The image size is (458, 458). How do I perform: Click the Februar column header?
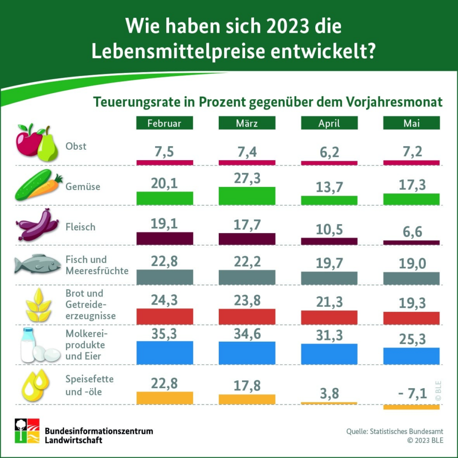(x=165, y=123)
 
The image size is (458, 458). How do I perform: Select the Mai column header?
(x=411, y=123)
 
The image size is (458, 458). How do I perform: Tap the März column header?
(x=247, y=123)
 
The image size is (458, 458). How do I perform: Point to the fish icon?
(x=38, y=264)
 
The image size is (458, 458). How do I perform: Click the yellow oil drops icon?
(x=36, y=385)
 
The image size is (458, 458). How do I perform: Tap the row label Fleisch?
(x=81, y=227)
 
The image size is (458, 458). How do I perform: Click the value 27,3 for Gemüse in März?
(x=247, y=178)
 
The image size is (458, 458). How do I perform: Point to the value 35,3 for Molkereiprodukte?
(x=165, y=333)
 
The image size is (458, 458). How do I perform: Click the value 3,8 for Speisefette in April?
(x=329, y=394)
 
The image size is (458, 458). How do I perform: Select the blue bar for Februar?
(x=165, y=353)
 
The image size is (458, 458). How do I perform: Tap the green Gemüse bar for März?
(x=247, y=196)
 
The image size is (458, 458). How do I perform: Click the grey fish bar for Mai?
(x=411, y=278)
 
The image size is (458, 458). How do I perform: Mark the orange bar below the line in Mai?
(x=411, y=407)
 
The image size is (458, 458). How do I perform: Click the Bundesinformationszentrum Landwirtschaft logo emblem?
(x=27, y=431)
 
